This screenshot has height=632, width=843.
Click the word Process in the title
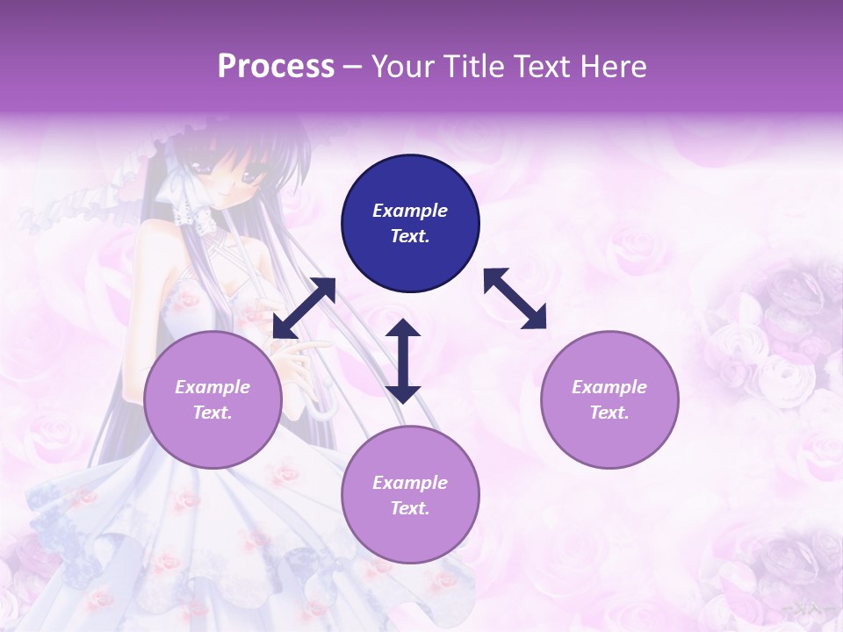[x=276, y=67]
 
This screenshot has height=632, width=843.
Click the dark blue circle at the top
[x=410, y=224]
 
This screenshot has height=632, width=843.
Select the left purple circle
[x=213, y=399]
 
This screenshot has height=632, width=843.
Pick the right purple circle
[x=609, y=399]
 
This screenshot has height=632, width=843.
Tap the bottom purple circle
[x=410, y=495]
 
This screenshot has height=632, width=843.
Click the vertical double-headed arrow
[x=403, y=361]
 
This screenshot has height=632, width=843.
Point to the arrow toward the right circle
[x=515, y=298]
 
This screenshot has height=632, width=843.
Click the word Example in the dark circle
[x=410, y=211]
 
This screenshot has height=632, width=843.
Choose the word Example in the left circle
[x=213, y=387]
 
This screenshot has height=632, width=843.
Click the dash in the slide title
[x=352, y=67]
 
